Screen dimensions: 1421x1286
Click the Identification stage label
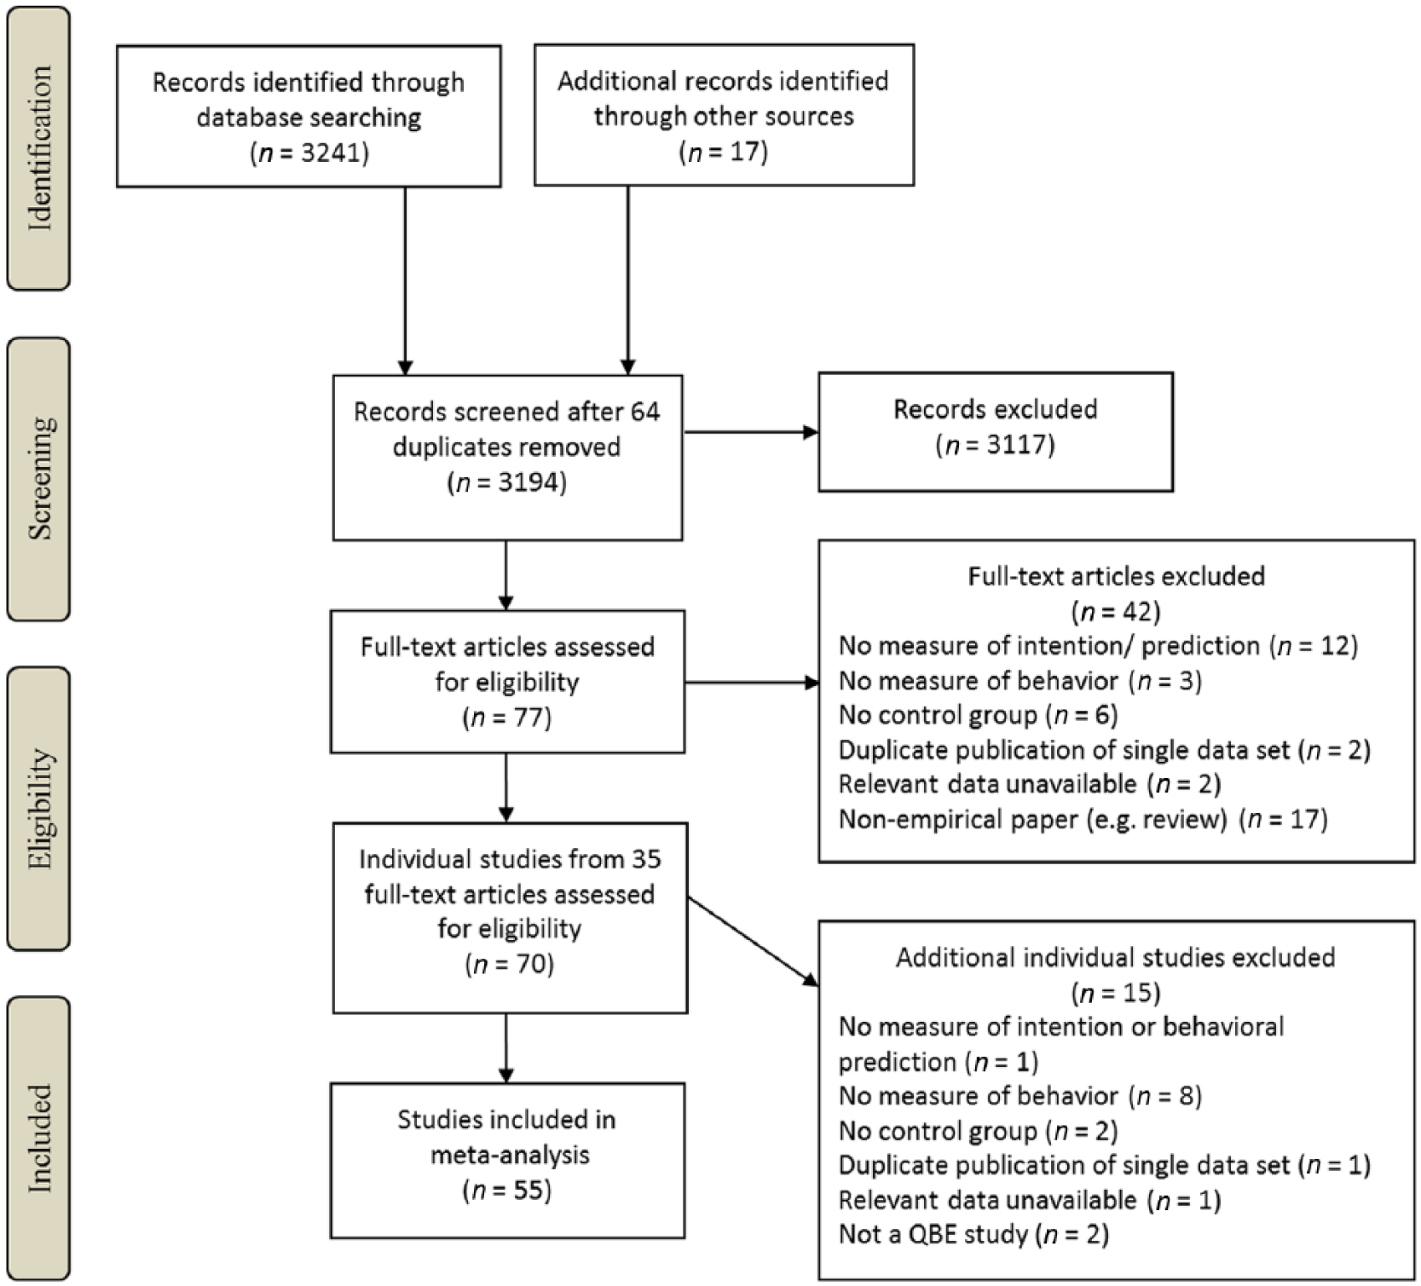coord(39,147)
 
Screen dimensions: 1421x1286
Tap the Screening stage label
coord(39,478)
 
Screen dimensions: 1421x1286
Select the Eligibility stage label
coord(39,809)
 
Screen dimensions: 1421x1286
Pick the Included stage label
coord(39,1139)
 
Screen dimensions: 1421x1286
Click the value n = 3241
coord(309,153)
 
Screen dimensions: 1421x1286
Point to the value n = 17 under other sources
coord(724,152)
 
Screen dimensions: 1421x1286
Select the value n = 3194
coord(507,483)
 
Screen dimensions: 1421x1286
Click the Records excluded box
coord(996,432)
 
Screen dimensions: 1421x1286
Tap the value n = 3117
coord(996,445)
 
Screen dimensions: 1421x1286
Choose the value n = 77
coord(507,718)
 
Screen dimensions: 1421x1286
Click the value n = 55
coord(507,1191)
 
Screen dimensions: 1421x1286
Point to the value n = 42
coord(1116,612)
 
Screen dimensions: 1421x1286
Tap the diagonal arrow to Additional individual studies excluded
coord(752,942)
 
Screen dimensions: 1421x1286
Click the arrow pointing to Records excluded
coord(751,432)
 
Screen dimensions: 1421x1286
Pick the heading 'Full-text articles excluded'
coord(1116,577)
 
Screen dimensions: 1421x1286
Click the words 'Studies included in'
coord(507,1120)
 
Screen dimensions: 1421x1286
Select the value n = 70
coord(510,965)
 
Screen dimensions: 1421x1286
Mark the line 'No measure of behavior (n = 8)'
coord(1020,1096)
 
